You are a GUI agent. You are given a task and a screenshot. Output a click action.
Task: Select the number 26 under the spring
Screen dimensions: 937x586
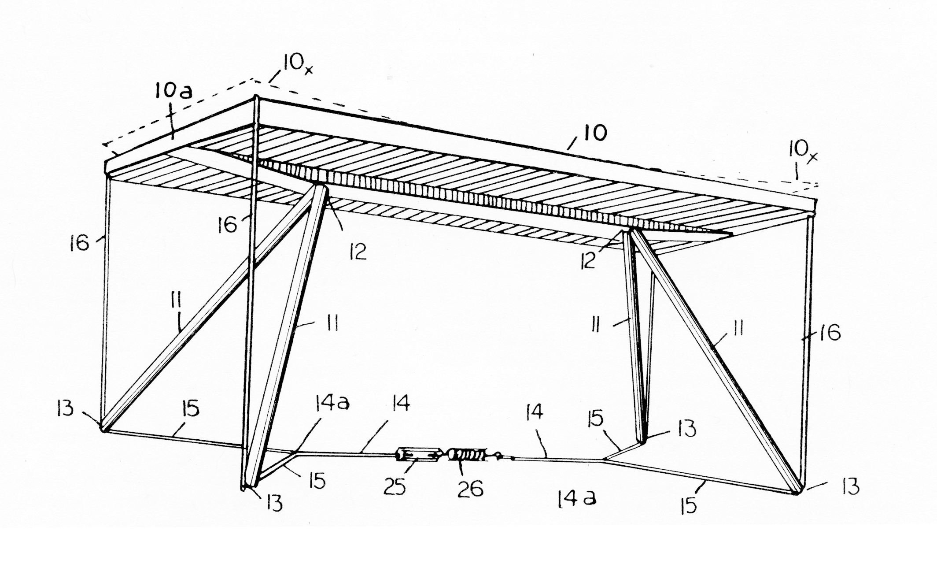tap(471, 489)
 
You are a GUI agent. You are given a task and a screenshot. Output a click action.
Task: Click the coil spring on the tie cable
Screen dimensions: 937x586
tap(467, 454)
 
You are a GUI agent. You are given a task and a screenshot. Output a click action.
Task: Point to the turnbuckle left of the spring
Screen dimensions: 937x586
tap(419, 455)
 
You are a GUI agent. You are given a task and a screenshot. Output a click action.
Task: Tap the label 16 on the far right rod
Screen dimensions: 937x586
tap(829, 333)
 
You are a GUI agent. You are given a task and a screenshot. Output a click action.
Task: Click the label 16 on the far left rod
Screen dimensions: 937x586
tap(79, 243)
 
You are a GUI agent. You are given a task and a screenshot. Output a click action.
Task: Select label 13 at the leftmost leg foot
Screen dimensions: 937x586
tap(65, 409)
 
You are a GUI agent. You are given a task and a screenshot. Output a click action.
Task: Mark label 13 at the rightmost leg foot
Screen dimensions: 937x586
tap(850, 487)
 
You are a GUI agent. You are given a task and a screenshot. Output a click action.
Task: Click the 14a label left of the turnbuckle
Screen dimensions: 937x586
tap(332, 403)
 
